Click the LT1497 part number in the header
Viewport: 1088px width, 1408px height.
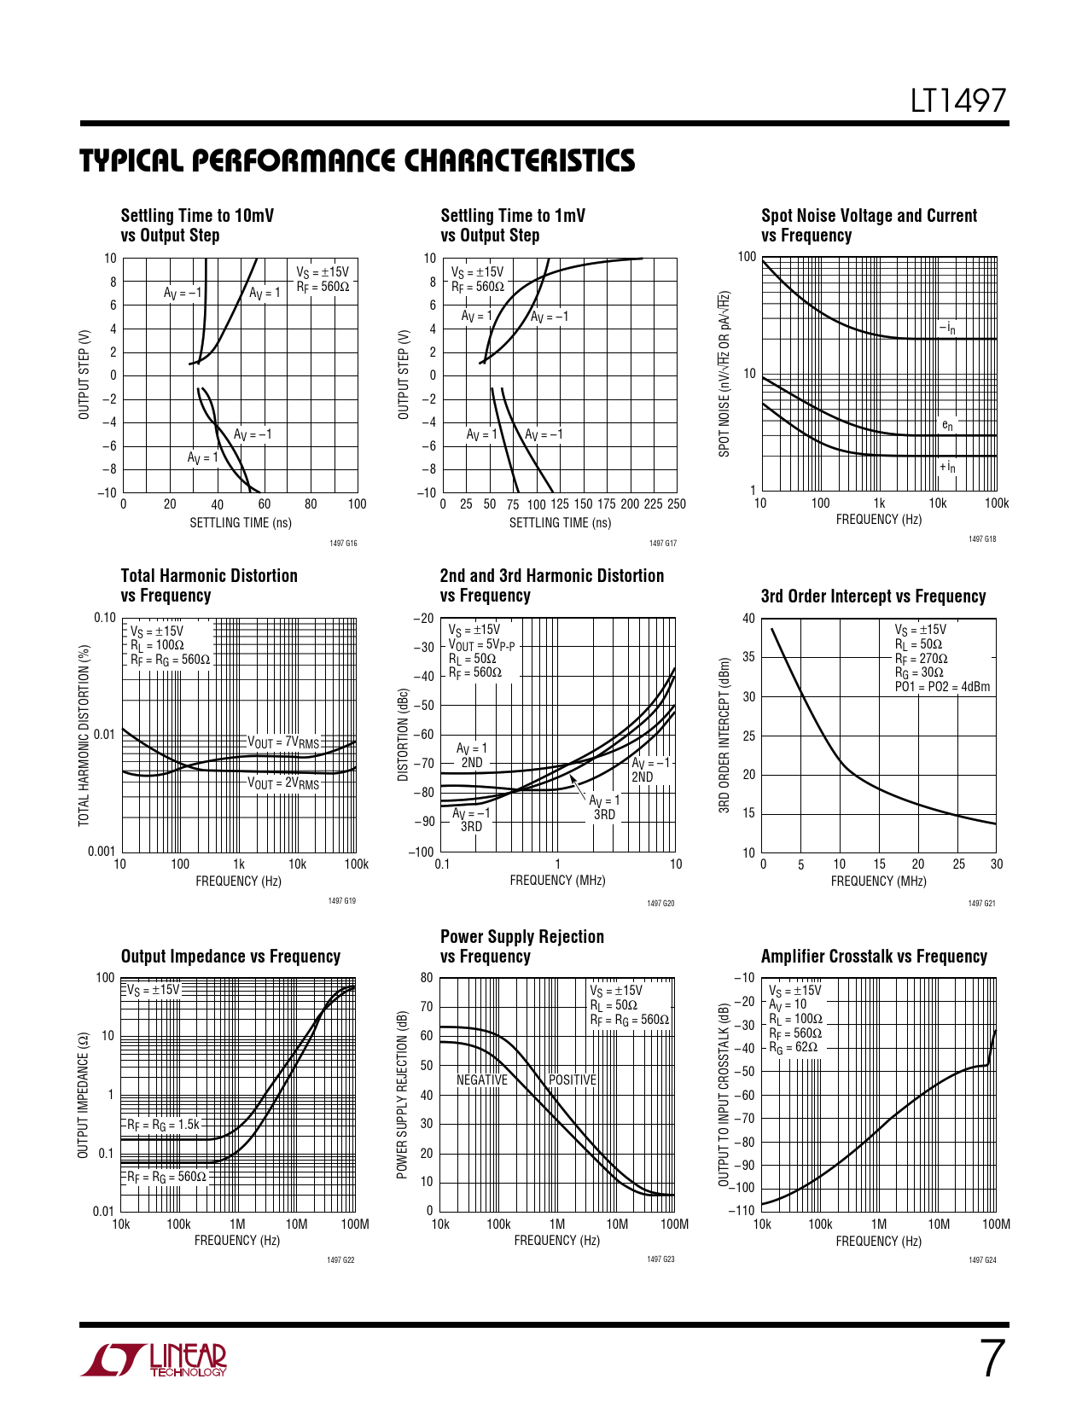click(958, 102)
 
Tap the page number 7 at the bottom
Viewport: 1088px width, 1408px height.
click(991, 1359)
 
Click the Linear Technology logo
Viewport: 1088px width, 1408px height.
click(154, 1360)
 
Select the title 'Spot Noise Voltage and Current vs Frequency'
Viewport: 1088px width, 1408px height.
click(869, 225)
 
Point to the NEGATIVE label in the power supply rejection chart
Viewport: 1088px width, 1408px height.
click(482, 1080)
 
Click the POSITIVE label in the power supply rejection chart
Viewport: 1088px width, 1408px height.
click(573, 1080)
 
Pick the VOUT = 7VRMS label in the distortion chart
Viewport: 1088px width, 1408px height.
click(283, 742)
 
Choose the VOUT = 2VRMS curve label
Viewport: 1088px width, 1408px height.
click(283, 783)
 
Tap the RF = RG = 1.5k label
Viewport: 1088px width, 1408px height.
click(163, 1125)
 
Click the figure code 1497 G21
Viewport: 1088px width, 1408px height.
click(982, 903)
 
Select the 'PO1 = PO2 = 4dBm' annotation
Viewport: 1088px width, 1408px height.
click(943, 687)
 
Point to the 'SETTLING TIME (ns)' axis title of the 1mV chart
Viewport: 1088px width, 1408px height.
click(560, 523)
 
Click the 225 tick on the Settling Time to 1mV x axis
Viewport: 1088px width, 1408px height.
click(653, 504)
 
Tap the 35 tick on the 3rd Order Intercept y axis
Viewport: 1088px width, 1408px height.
click(748, 657)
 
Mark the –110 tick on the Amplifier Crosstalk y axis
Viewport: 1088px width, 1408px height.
click(742, 1210)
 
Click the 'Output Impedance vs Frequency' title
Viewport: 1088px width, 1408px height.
click(230, 957)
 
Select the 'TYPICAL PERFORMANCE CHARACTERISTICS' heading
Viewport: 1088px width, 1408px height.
click(358, 161)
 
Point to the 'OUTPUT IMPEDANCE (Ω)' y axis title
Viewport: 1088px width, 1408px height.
click(84, 1095)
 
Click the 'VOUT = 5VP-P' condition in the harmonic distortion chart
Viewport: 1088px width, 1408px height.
click(482, 645)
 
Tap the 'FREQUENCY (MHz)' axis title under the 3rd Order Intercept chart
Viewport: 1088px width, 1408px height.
click(879, 881)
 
